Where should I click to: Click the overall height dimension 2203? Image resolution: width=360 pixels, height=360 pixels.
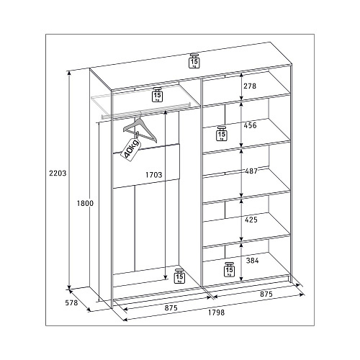pos(58,173)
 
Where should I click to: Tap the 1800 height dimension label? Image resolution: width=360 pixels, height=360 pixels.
pos(85,203)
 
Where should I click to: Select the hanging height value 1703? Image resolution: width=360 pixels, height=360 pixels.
pos(154,175)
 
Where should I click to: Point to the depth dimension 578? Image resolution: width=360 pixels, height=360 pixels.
pos(71,302)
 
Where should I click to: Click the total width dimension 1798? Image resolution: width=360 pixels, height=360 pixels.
pos(216,312)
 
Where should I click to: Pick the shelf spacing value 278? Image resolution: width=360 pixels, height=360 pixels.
pos(250,86)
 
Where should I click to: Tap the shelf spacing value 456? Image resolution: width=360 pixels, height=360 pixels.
pos(250,125)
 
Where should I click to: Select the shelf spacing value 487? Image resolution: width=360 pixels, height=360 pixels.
pos(251,171)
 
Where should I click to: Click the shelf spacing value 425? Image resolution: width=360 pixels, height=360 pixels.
pos(251,220)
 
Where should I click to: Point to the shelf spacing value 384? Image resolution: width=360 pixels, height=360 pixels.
pos(252,261)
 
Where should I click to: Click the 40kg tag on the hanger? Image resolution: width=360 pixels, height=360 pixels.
pos(131,150)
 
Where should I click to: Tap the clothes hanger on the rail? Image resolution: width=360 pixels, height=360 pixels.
pos(140,129)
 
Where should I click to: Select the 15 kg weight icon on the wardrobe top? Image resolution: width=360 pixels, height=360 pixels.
pos(194,60)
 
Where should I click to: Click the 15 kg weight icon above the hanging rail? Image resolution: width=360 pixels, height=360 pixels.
pos(157,94)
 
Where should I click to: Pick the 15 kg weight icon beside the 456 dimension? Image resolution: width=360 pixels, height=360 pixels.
pos(221,133)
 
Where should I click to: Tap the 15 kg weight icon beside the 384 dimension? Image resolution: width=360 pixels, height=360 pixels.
pos(230,269)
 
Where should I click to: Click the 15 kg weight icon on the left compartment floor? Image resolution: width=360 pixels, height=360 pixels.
pos(179,276)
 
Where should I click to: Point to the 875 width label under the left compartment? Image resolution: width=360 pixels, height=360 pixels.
pos(171,307)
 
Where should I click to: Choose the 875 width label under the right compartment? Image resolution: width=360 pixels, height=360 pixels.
pos(266,294)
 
